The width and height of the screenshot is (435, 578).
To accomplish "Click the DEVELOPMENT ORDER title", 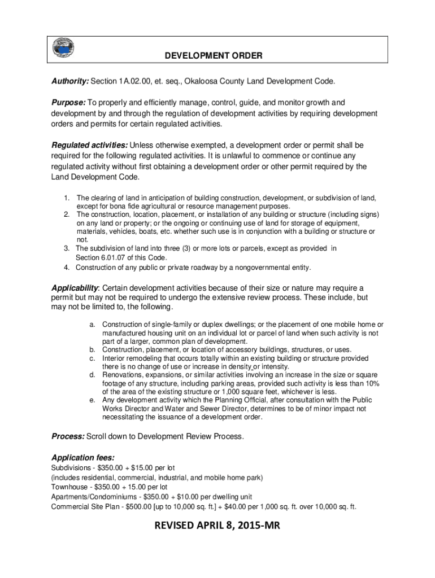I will pyautogui.click(x=214, y=56).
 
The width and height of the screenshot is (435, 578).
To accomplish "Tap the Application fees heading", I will pyautogui.click(x=83, y=458).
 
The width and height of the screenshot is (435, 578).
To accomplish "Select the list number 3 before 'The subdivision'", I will pyautogui.click(x=67, y=248).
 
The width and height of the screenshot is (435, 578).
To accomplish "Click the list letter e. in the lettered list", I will pyautogui.click(x=92, y=400).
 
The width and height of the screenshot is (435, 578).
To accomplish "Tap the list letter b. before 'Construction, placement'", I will pyautogui.click(x=92, y=350).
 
